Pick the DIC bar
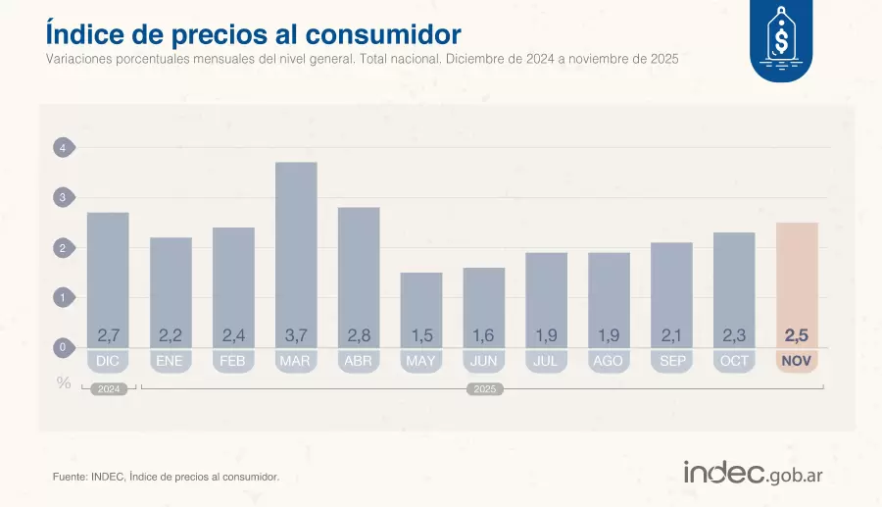point(108,275)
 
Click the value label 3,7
point(295,335)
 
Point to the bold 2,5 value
point(797,335)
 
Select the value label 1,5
point(420,335)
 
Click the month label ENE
point(170,361)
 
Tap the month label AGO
point(608,361)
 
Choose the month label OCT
point(734,361)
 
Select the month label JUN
point(483,361)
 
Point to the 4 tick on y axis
point(62,149)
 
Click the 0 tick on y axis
point(62,347)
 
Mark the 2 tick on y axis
point(62,248)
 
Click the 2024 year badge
point(108,389)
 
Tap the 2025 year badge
point(483,389)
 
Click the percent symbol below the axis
point(64,383)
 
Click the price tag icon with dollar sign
point(781,40)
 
